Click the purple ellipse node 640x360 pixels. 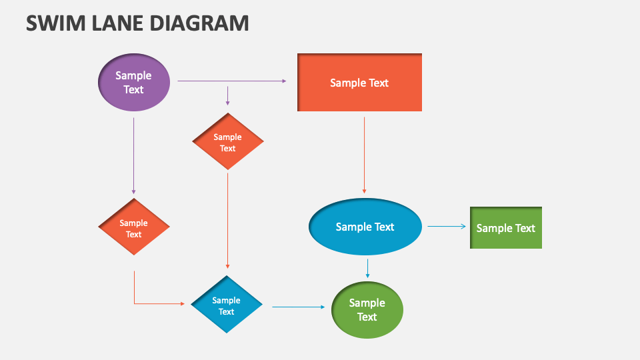point(134,82)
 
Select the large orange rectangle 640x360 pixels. point(359,83)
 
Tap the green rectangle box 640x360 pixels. point(506,228)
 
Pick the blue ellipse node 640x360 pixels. point(365,227)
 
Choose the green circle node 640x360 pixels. point(367,310)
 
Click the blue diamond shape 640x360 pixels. point(227,305)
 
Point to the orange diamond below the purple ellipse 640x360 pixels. point(134,227)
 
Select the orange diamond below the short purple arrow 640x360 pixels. point(228,142)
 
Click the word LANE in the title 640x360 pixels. point(113,23)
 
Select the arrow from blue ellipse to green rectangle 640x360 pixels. point(447,227)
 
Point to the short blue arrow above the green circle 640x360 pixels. point(367,268)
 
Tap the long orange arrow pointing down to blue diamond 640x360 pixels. point(228,220)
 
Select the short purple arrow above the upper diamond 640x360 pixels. point(228,95)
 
